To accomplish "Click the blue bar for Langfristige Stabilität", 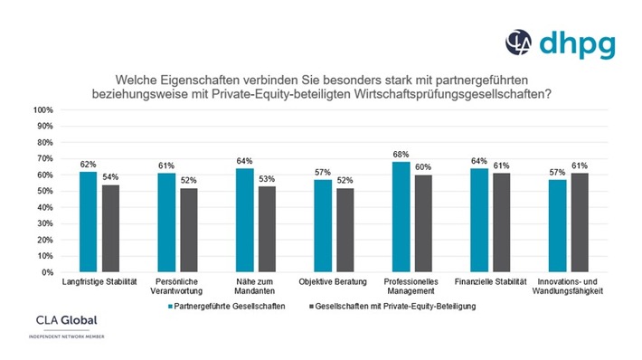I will coord(88,222).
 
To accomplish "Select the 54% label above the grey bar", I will coord(109,176).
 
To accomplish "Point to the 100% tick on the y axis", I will coord(43,109).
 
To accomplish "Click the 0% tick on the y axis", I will coord(47,272).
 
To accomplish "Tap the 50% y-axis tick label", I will coord(45,191).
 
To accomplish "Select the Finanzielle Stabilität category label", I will coord(489,282).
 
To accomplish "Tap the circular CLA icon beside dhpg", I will coord(517,42).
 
